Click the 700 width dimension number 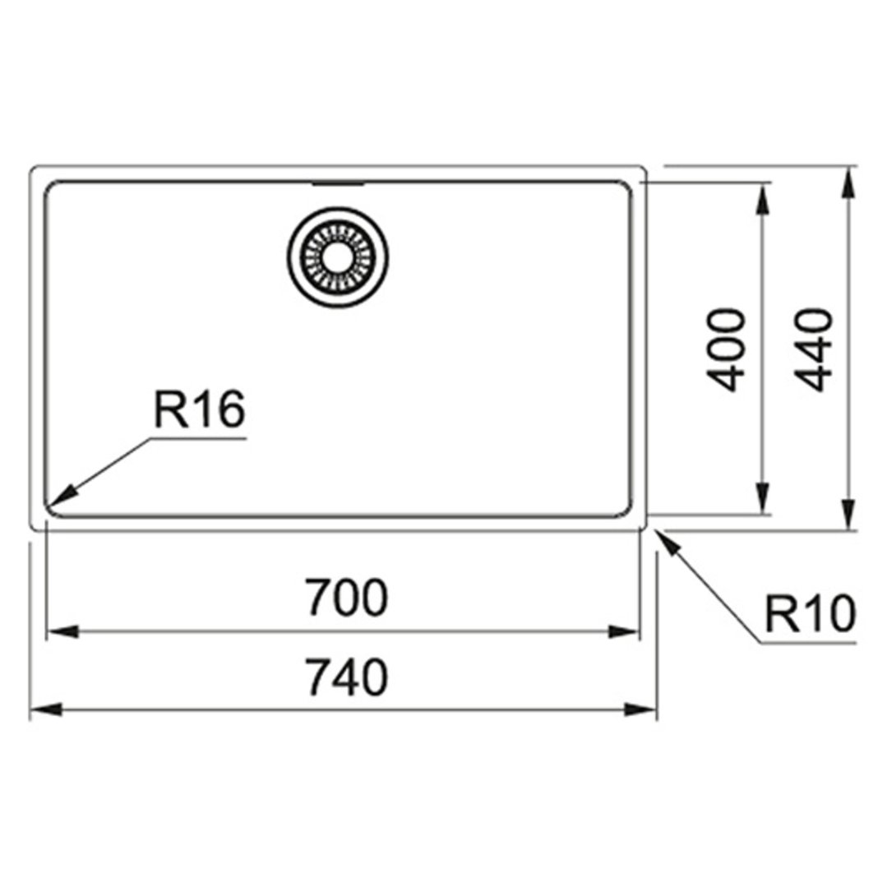point(347,598)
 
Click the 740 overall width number point(347,677)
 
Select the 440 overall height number point(814,350)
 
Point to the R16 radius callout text point(199,409)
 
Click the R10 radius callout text point(810,613)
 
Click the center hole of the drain point(338,257)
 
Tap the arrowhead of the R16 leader point(61,494)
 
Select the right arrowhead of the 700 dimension point(623,632)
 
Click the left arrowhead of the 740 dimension point(45,709)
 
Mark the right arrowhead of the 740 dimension point(641,709)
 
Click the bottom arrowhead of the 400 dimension point(763,499)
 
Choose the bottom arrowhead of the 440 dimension point(848,515)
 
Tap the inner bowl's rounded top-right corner point(626,187)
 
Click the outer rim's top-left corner point(32,169)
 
